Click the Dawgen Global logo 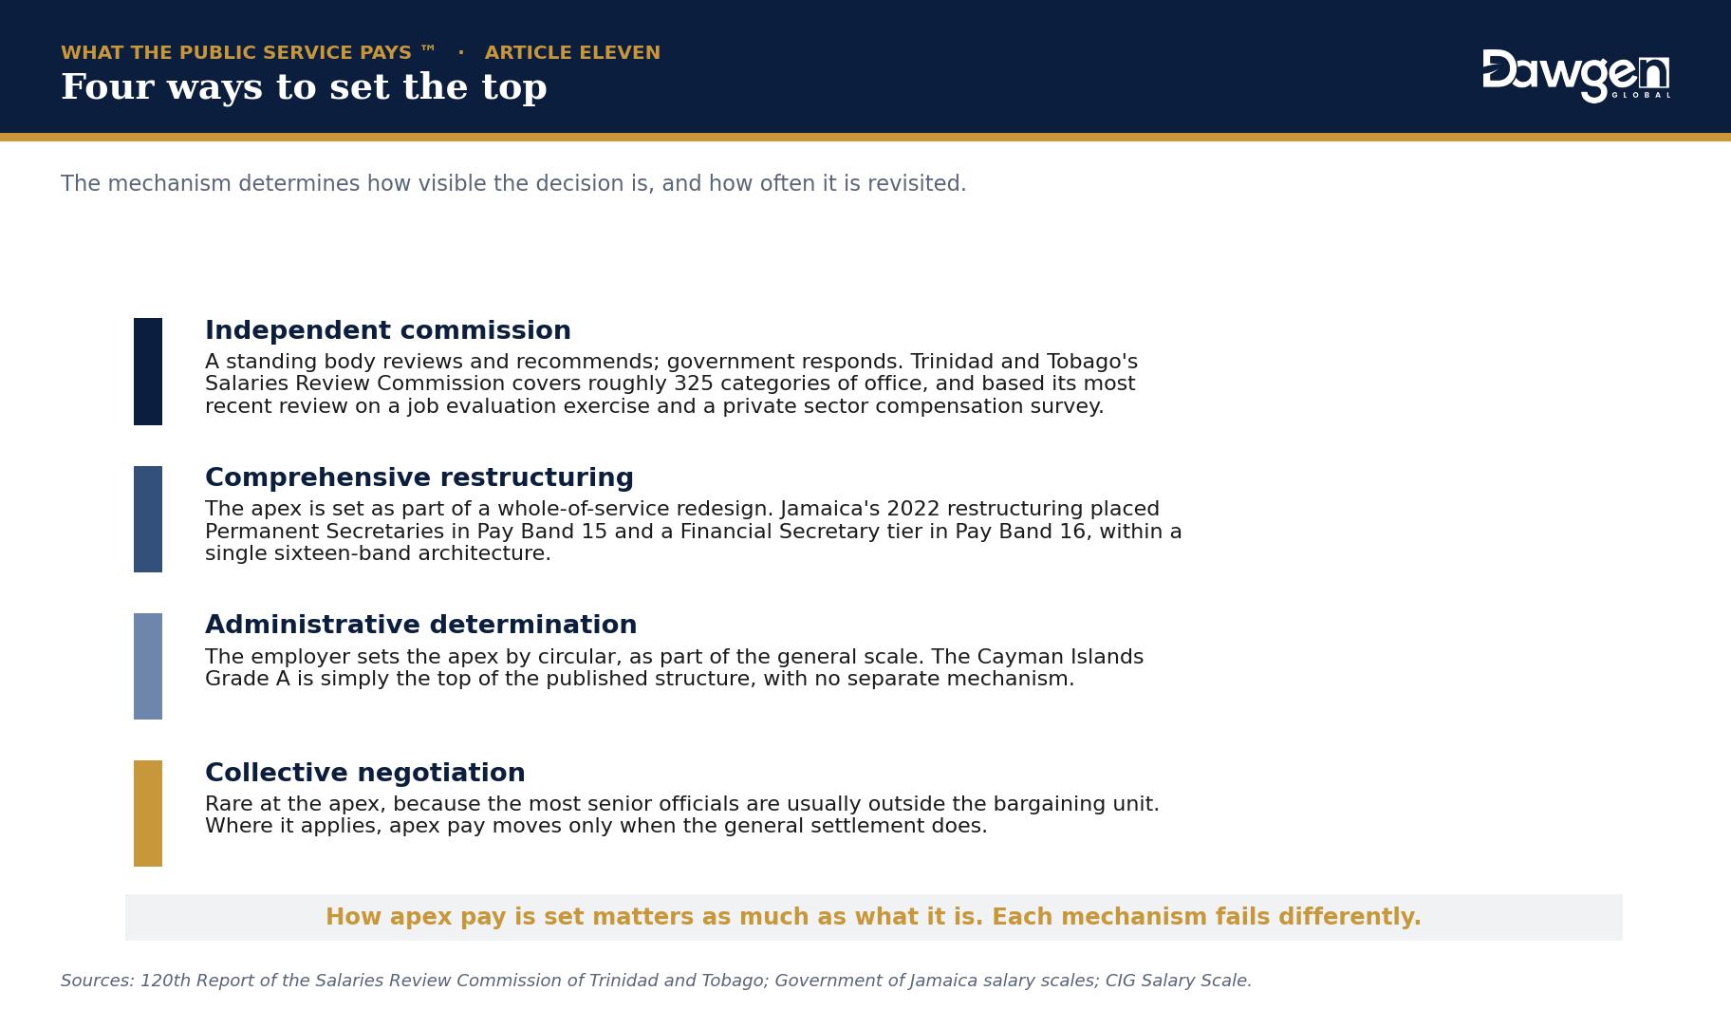(1576, 76)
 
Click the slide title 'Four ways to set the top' (304, 86)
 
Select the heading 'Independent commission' (388, 330)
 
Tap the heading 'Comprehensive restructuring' (419, 477)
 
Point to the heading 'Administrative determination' (421, 625)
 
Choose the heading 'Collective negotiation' (365, 773)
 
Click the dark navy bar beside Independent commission (148, 371)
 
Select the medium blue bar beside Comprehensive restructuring (148, 519)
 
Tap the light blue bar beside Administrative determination (148, 666)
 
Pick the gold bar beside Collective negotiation (148, 814)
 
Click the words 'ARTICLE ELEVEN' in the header (572, 53)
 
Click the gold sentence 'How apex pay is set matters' (873, 917)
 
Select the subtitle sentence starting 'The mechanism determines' (513, 183)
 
